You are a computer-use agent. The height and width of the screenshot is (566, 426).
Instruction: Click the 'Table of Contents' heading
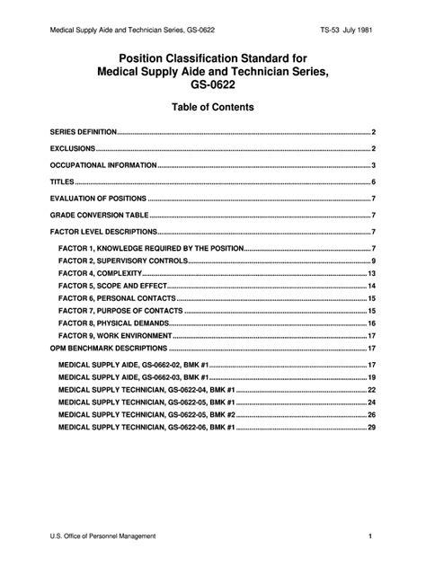pyautogui.click(x=212, y=107)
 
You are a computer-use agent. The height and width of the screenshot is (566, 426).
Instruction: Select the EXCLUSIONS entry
pyautogui.click(x=72, y=148)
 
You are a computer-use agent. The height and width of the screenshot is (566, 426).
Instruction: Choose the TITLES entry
pyautogui.click(x=62, y=181)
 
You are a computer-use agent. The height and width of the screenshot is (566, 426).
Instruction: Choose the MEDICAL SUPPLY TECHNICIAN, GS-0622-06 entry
pyautogui.click(x=146, y=429)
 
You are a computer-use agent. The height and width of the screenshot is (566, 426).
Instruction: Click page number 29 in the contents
pyautogui.click(x=371, y=429)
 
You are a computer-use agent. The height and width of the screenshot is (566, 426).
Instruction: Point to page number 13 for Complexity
pyautogui.click(x=371, y=273)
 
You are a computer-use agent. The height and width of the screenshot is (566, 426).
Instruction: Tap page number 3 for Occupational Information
pyautogui.click(x=373, y=165)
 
